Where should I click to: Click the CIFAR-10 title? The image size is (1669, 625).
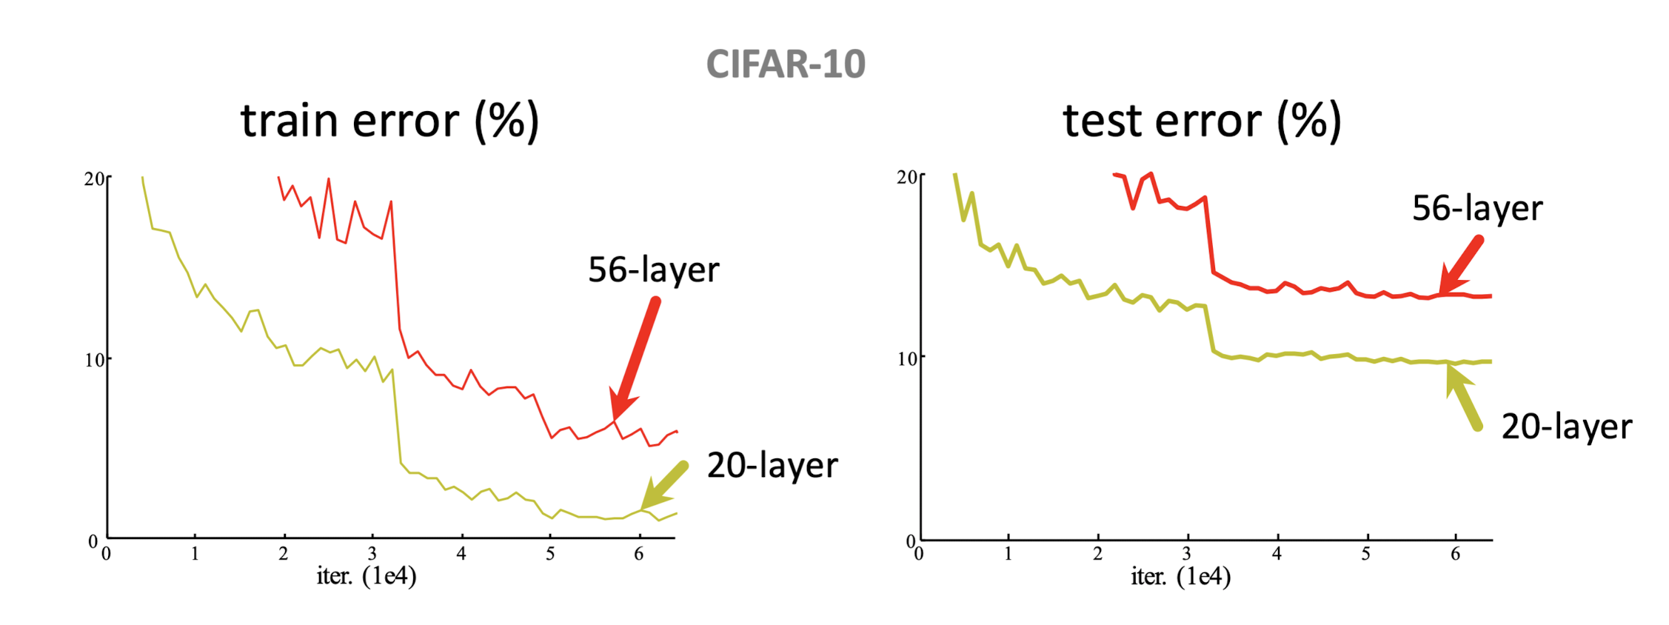pyautogui.click(x=786, y=64)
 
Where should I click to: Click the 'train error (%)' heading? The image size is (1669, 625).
pyautogui.click(x=389, y=121)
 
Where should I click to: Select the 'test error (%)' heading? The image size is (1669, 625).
pyautogui.click(x=1202, y=121)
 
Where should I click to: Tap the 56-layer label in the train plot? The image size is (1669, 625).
pyautogui.click(x=653, y=270)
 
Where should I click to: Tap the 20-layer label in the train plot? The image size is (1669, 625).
pyautogui.click(x=772, y=466)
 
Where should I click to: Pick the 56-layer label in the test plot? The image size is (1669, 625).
pyautogui.click(x=1477, y=209)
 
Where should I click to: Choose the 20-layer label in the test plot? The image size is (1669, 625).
pyautogui.click(x=1566, y=427)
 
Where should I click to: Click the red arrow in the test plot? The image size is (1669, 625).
pyautogui.click(x=1462, y=265)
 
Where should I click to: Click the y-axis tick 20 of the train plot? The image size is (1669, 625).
pyautogui.click(x=94, y=179)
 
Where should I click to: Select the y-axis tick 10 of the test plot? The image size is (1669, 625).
pyautogui.click(x=906, y=359)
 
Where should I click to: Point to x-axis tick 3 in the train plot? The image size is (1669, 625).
pyautogui.click(x=372, y=554)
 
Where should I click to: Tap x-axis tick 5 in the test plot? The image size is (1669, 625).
pyautogui.click(x=1365, y=554)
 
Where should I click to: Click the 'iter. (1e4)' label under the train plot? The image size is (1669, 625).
pyautogui.click(x=367, y=576)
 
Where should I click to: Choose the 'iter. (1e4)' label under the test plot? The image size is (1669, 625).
pyautogui.click(x=1180, y=577)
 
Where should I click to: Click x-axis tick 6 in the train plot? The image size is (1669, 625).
pyautogui.click(x=639, y=554)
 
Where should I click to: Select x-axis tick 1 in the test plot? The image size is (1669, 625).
pyautogui.click(x=1008, y=554)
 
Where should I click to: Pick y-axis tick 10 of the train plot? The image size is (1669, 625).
pyautogui.click(x=94, y=361)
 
